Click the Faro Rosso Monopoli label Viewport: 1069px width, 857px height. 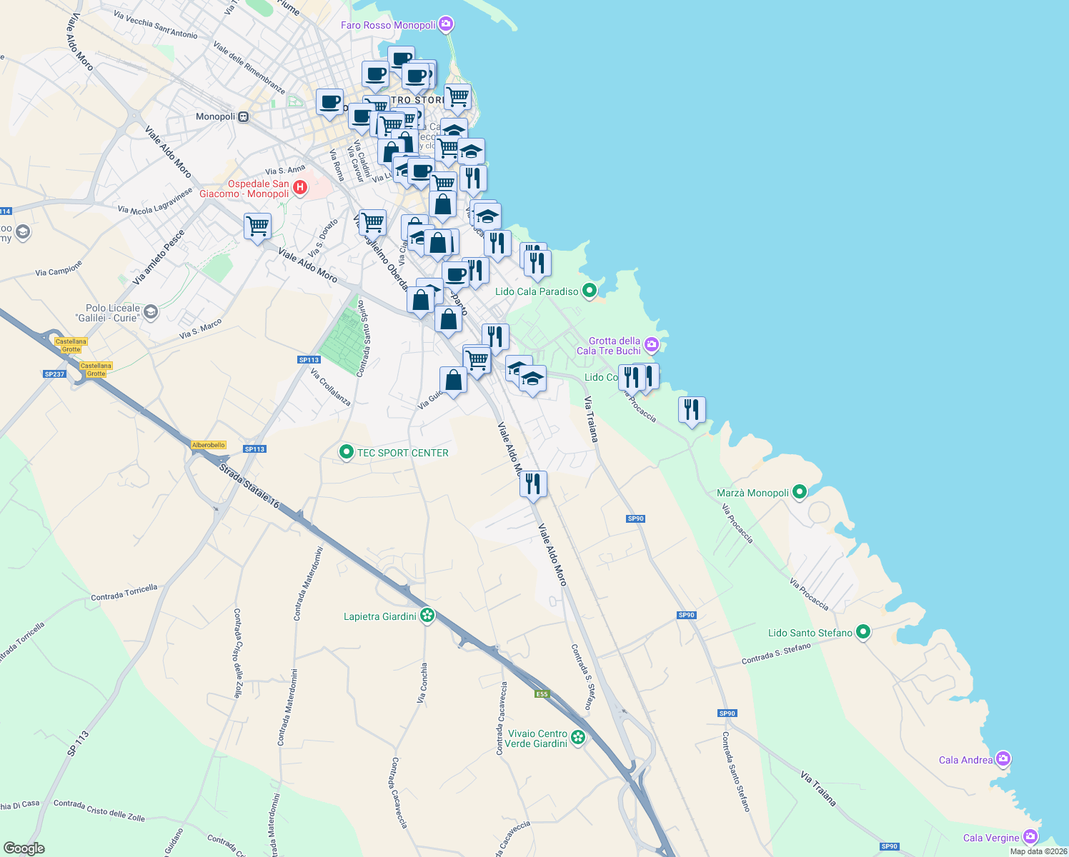[x=388, y=25]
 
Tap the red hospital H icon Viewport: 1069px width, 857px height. [x=300, y=187]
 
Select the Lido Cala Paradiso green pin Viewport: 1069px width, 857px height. [x=590, y=291]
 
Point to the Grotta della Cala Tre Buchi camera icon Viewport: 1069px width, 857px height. [x=651, y=346]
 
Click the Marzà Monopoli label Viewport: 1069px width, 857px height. [x=752, y=493]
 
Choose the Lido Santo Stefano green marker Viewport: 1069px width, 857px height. [x=863, y=632]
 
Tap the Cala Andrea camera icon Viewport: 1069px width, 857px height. [x=1003, y=758]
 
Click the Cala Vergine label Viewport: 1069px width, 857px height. [x=991, y=838]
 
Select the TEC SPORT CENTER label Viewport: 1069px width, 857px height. [x=403, y=453]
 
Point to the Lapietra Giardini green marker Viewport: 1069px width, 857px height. [x=427, y=616]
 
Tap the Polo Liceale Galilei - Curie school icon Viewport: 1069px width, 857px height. [x=151, y=312]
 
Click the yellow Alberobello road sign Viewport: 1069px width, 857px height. [x=209, y=445]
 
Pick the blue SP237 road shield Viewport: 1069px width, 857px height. [x=54, y=374]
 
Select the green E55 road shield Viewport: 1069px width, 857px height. [x=542, y=694]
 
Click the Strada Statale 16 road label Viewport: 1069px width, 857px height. [x=249, y=486]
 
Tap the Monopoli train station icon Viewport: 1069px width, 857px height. [x=244, y=116]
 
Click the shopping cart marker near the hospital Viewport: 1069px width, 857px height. [x=257, y=226]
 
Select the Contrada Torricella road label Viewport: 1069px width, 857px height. [x=124, y=593]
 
